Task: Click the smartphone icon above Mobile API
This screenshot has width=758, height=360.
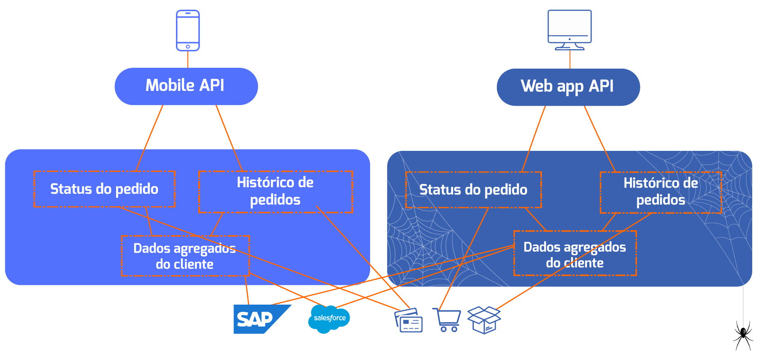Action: tap(188, 31)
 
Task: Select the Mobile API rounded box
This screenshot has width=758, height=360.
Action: tap(186, 86)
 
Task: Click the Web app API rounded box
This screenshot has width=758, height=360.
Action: tap(568, 87)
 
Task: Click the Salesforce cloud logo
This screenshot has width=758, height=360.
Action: tap(329, 319)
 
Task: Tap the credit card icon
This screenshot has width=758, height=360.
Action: tap(409, 320)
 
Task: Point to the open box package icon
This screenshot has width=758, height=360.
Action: tap(484, 320)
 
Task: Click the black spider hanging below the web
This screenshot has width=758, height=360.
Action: tap(743, 334)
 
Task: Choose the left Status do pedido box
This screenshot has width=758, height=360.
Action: tap(105, 189)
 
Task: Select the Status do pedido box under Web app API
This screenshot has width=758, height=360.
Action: tap(473, 190)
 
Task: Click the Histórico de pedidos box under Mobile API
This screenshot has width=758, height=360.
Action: tap(276, 191)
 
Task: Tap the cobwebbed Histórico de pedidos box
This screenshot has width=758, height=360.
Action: tap(661, 192)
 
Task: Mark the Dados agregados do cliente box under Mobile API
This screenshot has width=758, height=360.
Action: tap(185, 256)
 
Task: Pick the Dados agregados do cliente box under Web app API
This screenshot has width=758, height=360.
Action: tap(575, 254)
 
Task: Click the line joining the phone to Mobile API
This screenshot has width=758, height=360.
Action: tap(188, 60)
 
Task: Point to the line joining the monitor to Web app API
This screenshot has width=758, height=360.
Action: tap(570, 60)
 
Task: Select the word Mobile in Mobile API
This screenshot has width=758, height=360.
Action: tap(170, 86)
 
